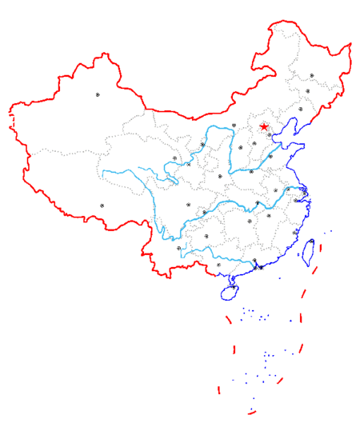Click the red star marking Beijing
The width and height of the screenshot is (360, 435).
264,126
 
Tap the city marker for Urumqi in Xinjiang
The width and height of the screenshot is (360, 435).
98,94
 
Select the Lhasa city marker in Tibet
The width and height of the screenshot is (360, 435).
102,206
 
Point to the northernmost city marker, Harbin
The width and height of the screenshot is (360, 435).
312,76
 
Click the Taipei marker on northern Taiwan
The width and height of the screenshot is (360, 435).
311,241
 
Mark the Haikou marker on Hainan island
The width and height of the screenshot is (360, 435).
234,286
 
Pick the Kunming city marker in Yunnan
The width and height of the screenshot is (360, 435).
178,249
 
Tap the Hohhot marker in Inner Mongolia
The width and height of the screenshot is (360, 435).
234,126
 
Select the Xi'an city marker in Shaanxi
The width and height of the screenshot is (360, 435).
219,176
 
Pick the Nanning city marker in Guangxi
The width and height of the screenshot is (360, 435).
218,265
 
